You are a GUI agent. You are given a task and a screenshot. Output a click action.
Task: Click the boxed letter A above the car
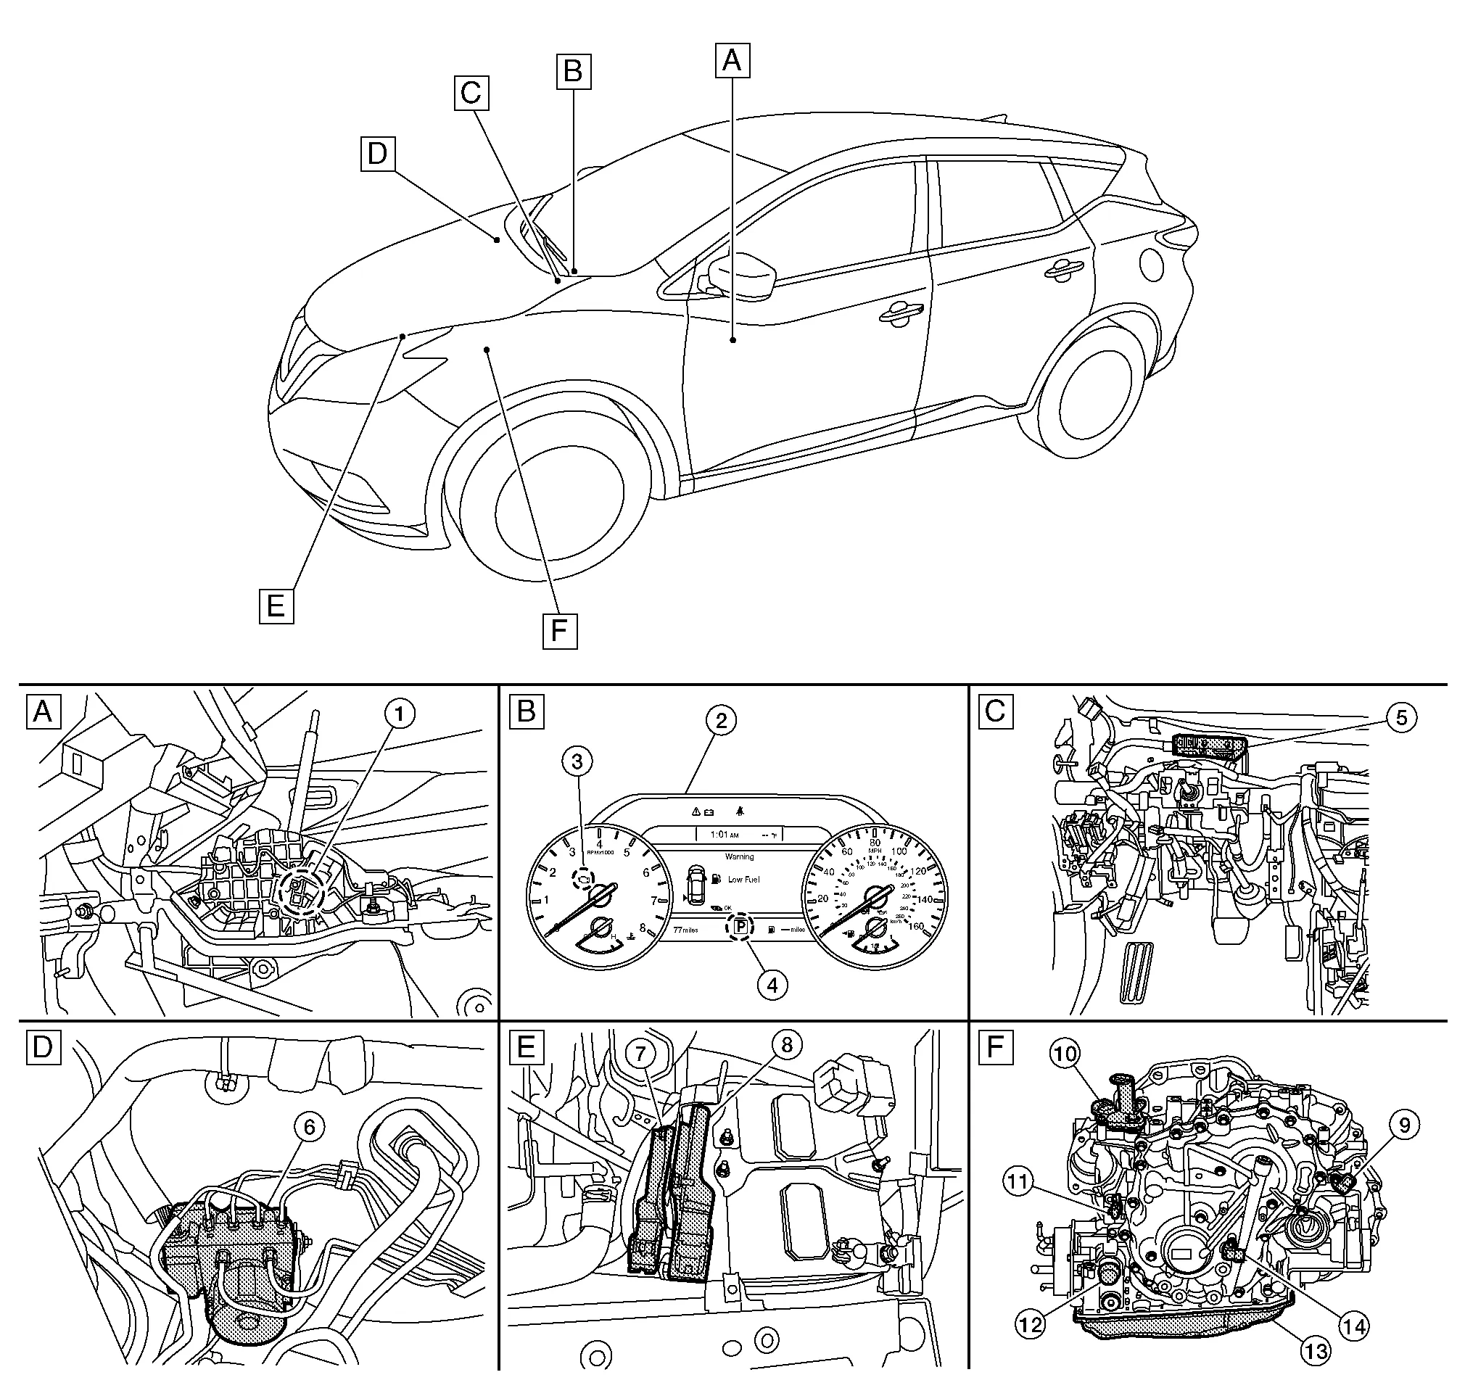(731, 60)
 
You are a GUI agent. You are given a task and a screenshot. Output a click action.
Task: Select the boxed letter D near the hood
(378, 154)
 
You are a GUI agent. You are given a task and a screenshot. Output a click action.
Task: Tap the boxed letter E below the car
(276, 606)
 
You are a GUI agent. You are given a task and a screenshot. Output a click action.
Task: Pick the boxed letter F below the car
(559, 631)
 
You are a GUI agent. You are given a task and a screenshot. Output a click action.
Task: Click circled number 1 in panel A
(400, 714)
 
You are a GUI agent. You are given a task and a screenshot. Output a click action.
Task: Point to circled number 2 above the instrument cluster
(721, 721)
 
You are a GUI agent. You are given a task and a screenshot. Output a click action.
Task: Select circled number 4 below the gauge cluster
(772, 986)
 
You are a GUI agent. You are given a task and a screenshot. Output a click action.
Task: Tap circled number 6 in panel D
(310, 1127)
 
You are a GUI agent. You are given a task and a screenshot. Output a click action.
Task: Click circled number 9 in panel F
(1405, 1125)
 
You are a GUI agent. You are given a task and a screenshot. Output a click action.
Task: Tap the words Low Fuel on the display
(743, 880)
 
